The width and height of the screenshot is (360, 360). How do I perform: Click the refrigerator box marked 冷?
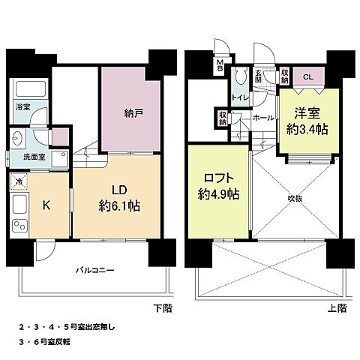click(17, 181)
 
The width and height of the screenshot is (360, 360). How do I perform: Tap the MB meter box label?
click(220, 65)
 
